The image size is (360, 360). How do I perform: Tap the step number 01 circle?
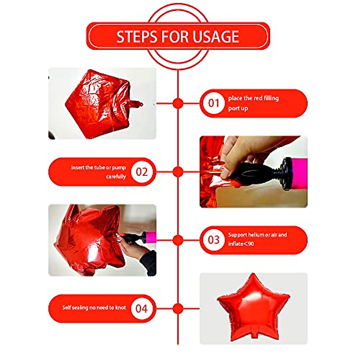pos(214,103)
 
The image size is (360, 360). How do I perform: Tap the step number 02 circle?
pos(142,172)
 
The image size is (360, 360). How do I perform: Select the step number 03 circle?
pos(214,240)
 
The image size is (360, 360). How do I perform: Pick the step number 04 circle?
pos(142,308)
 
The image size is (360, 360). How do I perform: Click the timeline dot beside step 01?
pos(178,103)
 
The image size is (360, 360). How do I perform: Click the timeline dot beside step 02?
pos(178,172)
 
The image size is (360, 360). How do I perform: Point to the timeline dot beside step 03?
pos(178,240)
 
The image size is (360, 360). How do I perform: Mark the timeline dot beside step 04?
pos(178,308)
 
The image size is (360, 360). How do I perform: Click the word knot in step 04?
pos(120,307)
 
